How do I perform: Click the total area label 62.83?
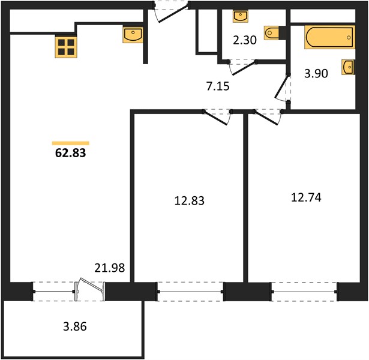pos(71,153)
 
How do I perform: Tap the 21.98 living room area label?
pos(110,268)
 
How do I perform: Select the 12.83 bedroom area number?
pos(190,201)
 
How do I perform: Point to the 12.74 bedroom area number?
pos(306,197)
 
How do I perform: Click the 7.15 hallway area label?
pos(218,86)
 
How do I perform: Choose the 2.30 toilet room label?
pos(245,40)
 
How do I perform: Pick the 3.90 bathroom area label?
pos(316,74)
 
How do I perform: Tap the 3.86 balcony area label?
pos(75,326)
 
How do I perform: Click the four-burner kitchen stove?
pos(66,47)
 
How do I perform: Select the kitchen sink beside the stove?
pos(133,35)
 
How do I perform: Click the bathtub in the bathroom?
pos(329,37)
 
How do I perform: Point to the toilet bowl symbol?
pos(272,33)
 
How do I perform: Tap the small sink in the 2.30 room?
pos(241,16)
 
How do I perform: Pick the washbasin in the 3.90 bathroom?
pos(349,67)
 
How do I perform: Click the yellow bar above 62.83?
pos(71,143)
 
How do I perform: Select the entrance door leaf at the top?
pos(173,14)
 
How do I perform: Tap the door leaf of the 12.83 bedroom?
pos(216,118)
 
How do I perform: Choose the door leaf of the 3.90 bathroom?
pos(281,86)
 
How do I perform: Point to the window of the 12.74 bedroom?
pos(304,292)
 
